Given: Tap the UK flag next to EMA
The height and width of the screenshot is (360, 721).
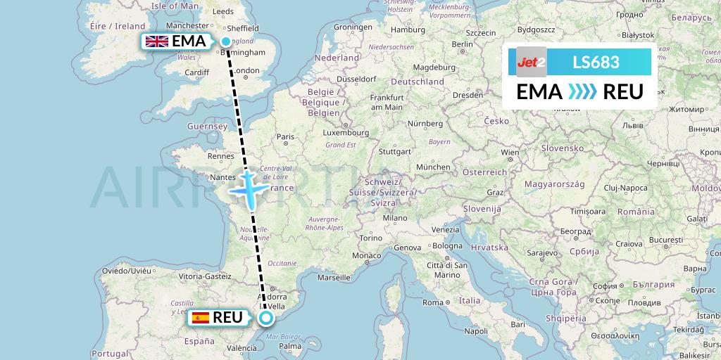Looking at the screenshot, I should coord(156,41).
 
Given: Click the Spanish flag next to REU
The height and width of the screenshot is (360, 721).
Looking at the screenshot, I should coord(200,318).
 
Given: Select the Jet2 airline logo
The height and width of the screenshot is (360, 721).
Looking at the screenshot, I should coord(531,62).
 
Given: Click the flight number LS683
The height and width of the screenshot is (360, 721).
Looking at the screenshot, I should coord(596,62).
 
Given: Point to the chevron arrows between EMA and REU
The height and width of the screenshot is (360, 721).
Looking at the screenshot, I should coord(582,91).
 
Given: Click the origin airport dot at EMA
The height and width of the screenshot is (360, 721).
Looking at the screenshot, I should coord(225,41).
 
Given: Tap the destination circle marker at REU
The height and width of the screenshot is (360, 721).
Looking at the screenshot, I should coord(266,318).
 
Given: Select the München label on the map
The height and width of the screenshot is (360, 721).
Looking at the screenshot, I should coord(432,167).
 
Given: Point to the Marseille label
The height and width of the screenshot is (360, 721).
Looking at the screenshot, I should coord(334,277).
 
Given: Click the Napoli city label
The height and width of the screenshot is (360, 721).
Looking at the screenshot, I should coord(476,330).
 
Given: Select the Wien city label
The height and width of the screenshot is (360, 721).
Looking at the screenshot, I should coord(509,152).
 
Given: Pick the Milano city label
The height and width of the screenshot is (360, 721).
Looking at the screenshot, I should coord(395,218).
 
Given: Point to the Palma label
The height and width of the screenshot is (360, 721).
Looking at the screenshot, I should coord(290,346).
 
